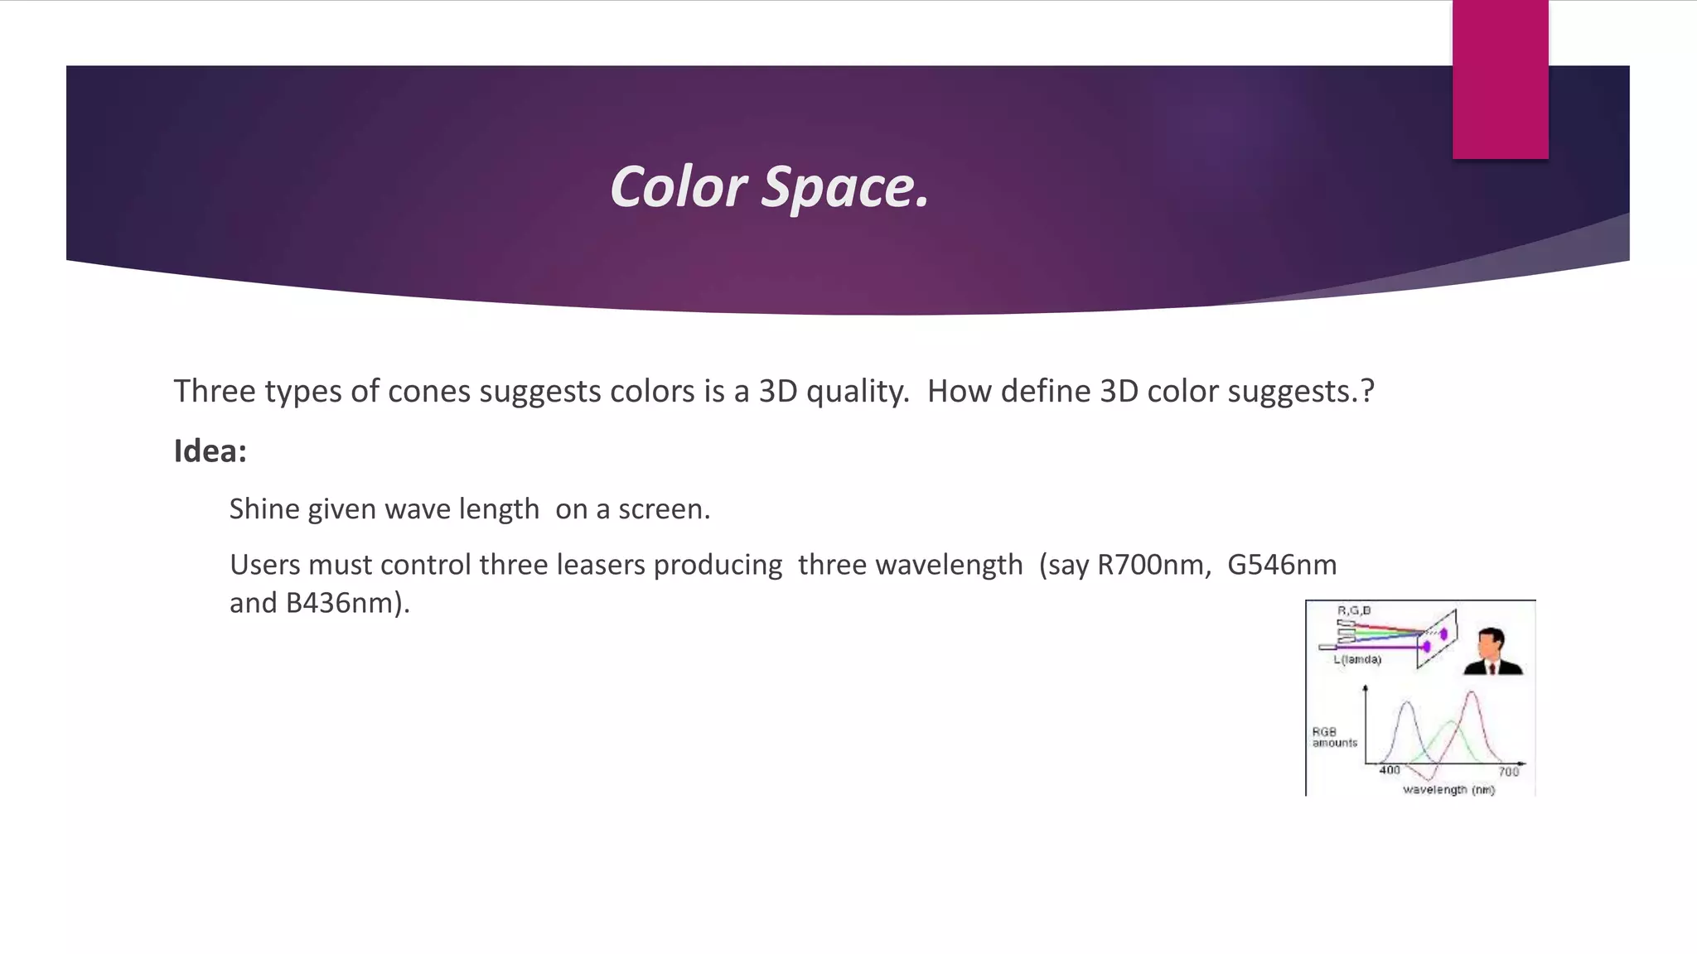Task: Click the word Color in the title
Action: (x=678, y=187)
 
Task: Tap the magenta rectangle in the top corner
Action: (x=1500, y=79)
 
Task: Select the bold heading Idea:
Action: (x=210, y=451)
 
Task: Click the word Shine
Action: (x=264, y=508)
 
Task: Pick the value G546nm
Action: (x=1281, y=565)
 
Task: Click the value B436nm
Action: (x=344, y=603)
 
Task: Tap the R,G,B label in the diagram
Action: (x=1354, y=610)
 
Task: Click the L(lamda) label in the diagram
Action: (x=1357, y=660)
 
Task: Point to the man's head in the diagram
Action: (x=1492, y=641)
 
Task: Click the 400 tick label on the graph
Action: (x=1390, y=770)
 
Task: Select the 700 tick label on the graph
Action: (x=1508, y=772)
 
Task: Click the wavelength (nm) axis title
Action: (x=1448, y=790)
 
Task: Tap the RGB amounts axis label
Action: (x=1334, y=737)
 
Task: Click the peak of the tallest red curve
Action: (x=1471, y=692)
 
